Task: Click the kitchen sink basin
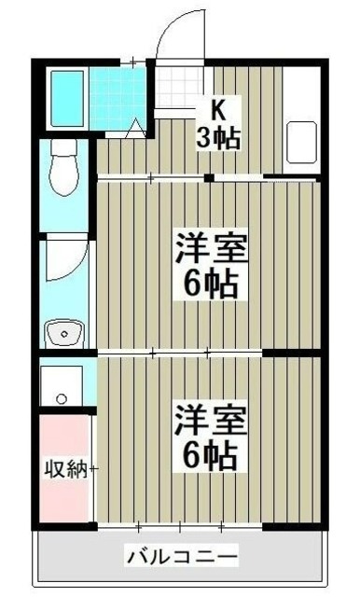pos(304,142)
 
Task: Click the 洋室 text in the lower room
pos(212,420)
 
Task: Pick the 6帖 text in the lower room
pos(212,454)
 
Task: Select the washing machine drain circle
pos(62,399)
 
